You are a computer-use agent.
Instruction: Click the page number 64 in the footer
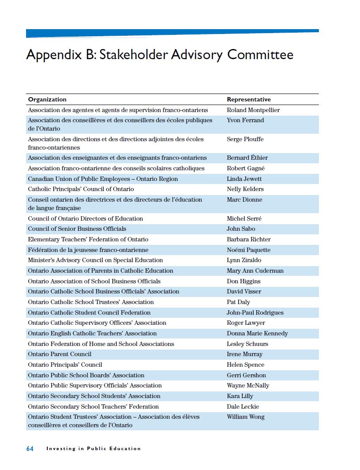[x=30, y=448]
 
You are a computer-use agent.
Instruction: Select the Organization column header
[x=47, y=99]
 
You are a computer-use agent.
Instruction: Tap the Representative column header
[x=249, y=99]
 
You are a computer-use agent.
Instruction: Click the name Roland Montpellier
[x=253, y=110]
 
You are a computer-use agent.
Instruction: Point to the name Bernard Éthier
[x=247, y=158]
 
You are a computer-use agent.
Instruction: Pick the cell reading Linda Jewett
[x=244, y=179]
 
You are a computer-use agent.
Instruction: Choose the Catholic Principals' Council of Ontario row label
[x=81, y=189]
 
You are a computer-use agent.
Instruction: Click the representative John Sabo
[x=241, y=229]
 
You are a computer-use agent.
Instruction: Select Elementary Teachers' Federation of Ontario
[x=88, y=239]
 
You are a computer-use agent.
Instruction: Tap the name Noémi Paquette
[x=249, y=250]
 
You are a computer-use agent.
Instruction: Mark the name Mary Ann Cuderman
[x=255, y=271]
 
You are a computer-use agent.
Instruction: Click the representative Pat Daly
[x=239, y=302]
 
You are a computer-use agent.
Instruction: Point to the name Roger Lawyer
[x=246, y=323]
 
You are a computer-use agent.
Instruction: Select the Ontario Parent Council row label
[x=60, y=354]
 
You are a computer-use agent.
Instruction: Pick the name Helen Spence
[x=246, y=365]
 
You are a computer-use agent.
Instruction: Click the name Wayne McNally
[x=248, y=385]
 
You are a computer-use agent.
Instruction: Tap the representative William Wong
[x=246, y=417]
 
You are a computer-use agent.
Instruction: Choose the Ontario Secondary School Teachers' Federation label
[x=93, y=406]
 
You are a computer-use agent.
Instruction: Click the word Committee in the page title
[x=260, y=55]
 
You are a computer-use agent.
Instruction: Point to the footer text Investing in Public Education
[x=94, y=448]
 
